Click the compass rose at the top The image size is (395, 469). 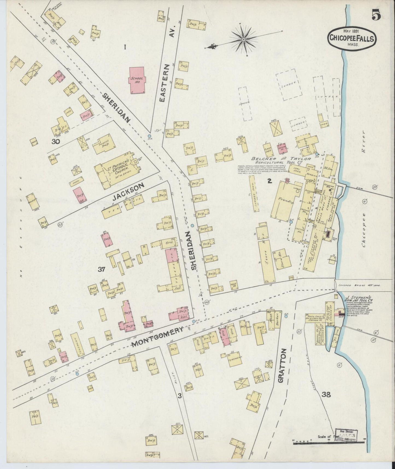click(x=243, y=40)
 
